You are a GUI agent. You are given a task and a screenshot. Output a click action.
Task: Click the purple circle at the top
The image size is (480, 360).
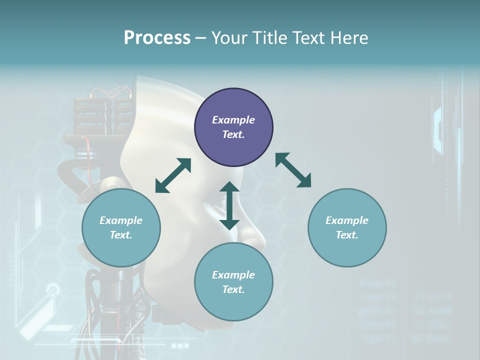pyautogui.click(x=233, y=127)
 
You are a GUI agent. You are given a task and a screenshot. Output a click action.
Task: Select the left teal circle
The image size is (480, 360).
pyautogui.click(x=121, y=227)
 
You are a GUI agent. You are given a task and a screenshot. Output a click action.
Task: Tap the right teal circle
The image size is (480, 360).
pyautogui.click(x=347, y=227)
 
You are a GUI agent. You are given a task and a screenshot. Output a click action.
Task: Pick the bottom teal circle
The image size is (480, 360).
pyautogui.click(x=233, y=282)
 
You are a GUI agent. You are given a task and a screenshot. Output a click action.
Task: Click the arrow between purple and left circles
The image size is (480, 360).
pyautogui.click(x=173, y=175)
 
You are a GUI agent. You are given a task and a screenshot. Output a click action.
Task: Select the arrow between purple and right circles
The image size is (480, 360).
pyautogui.click(x=293, y=170)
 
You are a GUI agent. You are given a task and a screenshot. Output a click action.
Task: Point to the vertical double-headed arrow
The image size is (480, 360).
pyautogui.click(x=229, y=205)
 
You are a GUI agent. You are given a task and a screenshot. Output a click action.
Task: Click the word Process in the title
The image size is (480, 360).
pyautogui.click(x=157, y=37)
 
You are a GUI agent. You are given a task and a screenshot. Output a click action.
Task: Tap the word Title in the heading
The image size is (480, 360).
pyautogui.click(x=269, y=37)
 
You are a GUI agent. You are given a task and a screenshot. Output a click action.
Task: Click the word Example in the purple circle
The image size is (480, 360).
pyautogui.click(x=233, y=120)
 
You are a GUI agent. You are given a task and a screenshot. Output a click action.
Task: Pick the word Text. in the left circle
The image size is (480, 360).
pyautogui.click(x=121, y=235)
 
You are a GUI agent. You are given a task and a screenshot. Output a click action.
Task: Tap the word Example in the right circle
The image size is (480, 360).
pyautogui.click(x=347, y=220)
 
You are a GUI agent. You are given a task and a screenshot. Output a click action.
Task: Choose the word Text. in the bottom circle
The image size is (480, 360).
pyautogui.click(x=233, y=289)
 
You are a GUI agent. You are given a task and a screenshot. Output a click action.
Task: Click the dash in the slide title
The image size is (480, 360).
pyautogui.click(x=200, y=38)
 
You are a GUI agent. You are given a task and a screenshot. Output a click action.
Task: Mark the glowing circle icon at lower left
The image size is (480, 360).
pyautogui.click(x=52, y=289)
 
